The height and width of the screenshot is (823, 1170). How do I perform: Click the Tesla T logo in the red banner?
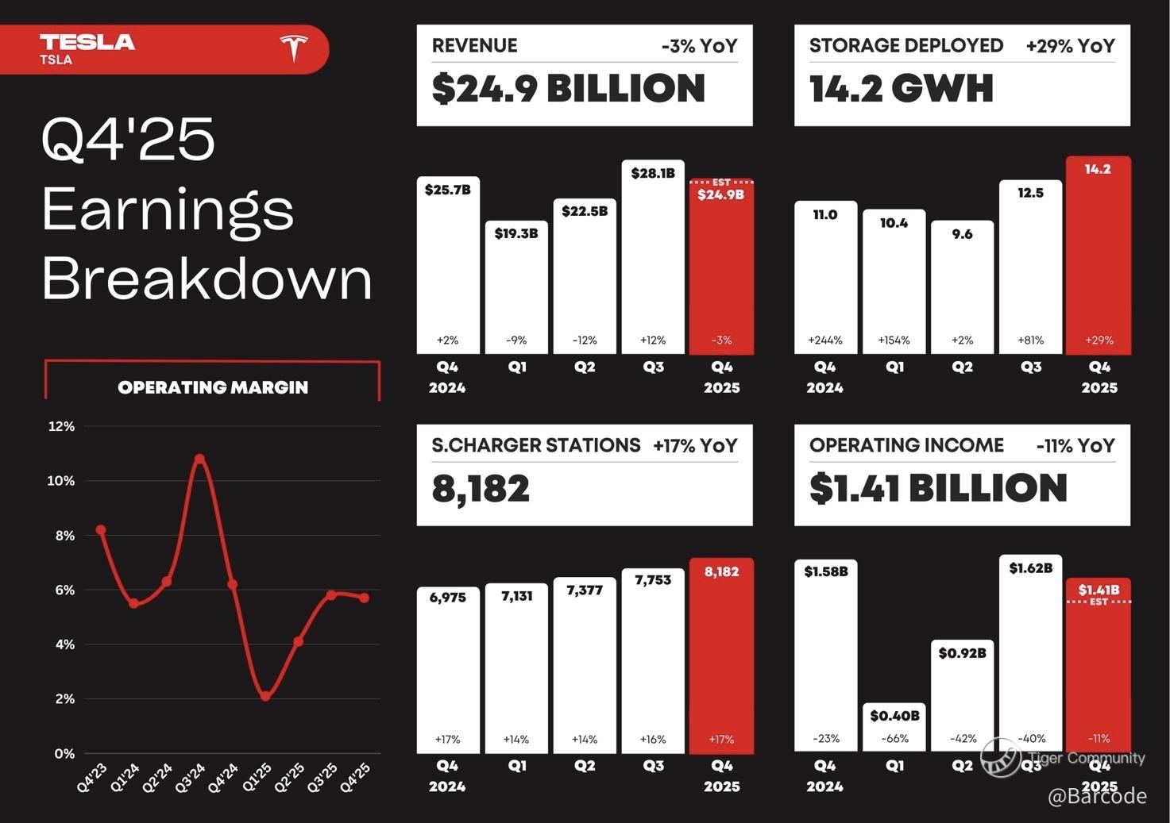(x=293, y=48)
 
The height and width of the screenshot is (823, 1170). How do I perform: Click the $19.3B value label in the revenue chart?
(x=516, y=233)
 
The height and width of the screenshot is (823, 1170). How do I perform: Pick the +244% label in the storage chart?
(x=825, y=340)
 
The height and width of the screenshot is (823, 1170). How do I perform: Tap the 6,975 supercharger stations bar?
(x=448, y=671)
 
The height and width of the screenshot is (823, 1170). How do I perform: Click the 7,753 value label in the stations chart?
(x=653, y=580)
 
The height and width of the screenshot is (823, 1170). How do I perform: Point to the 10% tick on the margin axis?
(x=61, y=481)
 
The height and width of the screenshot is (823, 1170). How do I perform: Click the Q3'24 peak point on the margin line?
(x=199, y=459)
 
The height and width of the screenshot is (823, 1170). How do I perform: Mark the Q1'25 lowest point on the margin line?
(x=265, y=696)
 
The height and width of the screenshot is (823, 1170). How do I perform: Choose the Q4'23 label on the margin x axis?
(x=92, y=778)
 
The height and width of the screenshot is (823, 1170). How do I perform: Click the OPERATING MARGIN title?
(x=213, y=387)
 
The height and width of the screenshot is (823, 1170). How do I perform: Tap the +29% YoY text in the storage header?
(x=1070, y=46)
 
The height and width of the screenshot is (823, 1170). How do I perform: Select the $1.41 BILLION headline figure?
(x=938, y=488)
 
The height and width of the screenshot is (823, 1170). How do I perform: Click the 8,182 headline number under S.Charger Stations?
(x=481, y=489)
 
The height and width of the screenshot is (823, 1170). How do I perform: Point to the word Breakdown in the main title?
(x=207, y=279)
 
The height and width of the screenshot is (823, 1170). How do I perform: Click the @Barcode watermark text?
(x=1097, y=796)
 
